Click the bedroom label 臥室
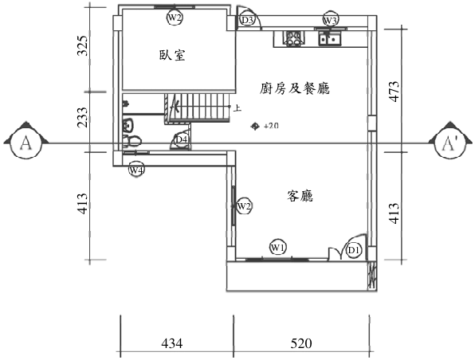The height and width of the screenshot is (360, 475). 172,55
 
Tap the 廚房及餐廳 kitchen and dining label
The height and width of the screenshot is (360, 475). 294,88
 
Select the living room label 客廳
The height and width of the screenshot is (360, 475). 300,196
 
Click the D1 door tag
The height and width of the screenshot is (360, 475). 354,250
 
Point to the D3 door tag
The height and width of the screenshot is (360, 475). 248,21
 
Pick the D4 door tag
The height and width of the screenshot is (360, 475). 182,139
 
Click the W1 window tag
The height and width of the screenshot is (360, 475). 278,248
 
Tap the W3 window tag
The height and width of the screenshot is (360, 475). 330,20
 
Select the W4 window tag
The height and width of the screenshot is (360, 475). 136,170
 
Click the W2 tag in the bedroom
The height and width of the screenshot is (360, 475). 175,18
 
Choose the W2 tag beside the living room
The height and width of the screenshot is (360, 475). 244,206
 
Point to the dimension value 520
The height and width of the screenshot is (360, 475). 301,343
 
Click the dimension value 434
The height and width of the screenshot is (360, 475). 172,343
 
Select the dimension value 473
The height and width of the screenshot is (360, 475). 394,92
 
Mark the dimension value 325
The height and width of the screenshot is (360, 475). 82,46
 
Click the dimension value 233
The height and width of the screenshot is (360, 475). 82,117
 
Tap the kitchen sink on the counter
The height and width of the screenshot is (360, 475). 330,38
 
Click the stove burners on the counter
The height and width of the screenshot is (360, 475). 292,38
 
